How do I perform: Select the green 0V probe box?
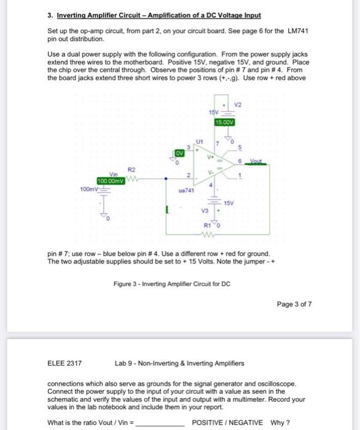[x=179, y=152]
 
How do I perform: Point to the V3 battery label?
[x=205, y=211]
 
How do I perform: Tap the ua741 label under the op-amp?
[x=186, y=191]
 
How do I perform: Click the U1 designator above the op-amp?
[x=197, y=141]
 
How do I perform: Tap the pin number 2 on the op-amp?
[x=190, y=176]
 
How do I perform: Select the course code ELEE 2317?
[x=65, y=363]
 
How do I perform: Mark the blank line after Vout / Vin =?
[x=162, y=423]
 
